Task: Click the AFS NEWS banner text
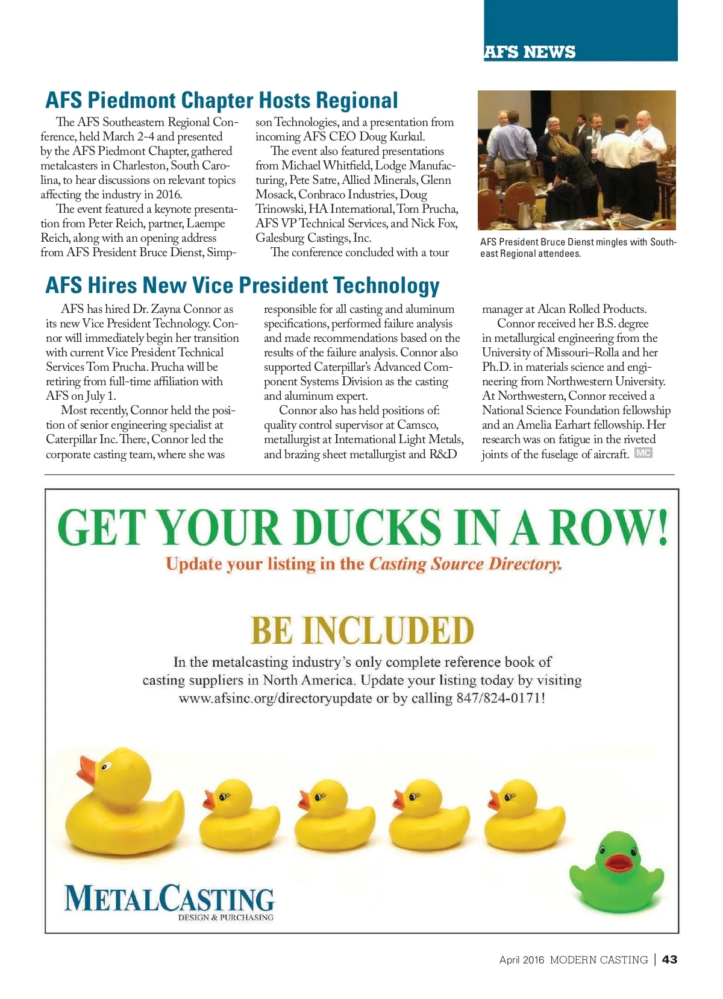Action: pyautogui.click(x=530, y=52)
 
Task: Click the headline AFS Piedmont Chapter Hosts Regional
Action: pyautogui.click(x=222, y=100)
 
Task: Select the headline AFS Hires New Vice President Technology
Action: pyautogui.click(x=242, y=285)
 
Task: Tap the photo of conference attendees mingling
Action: pyautogui.click(x=577, y=160)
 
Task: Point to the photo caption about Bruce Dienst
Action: pyautogui.click(x=578, y=247)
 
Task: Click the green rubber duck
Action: pyautogui.click(x=616, y=872)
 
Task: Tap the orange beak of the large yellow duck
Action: pyautogui.click(x=87, y=771)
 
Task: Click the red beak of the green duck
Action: pyautogui.click(x=618, y=863)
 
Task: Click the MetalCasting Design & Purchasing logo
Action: pyautogui.click(x=169, y=902)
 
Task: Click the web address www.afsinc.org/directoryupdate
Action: pyautogui.click(x=275, y=698)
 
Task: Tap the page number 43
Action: pyautogui.click(x=669, y=959)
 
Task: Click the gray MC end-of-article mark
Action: pyautogui.click(x=643, y=453)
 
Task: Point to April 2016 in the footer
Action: pyautogui.click(x=521, y=960)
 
